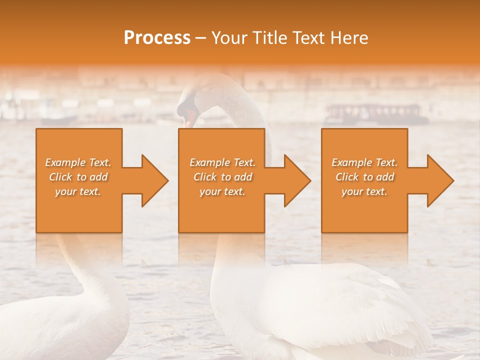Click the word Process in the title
pos(157,38)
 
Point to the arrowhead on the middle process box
pos(296,180)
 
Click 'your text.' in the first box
pos(78,191)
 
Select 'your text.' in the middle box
pos(222,191)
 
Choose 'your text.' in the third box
pos(364,191)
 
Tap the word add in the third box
pos(384,177)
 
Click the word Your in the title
pos(229,38)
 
